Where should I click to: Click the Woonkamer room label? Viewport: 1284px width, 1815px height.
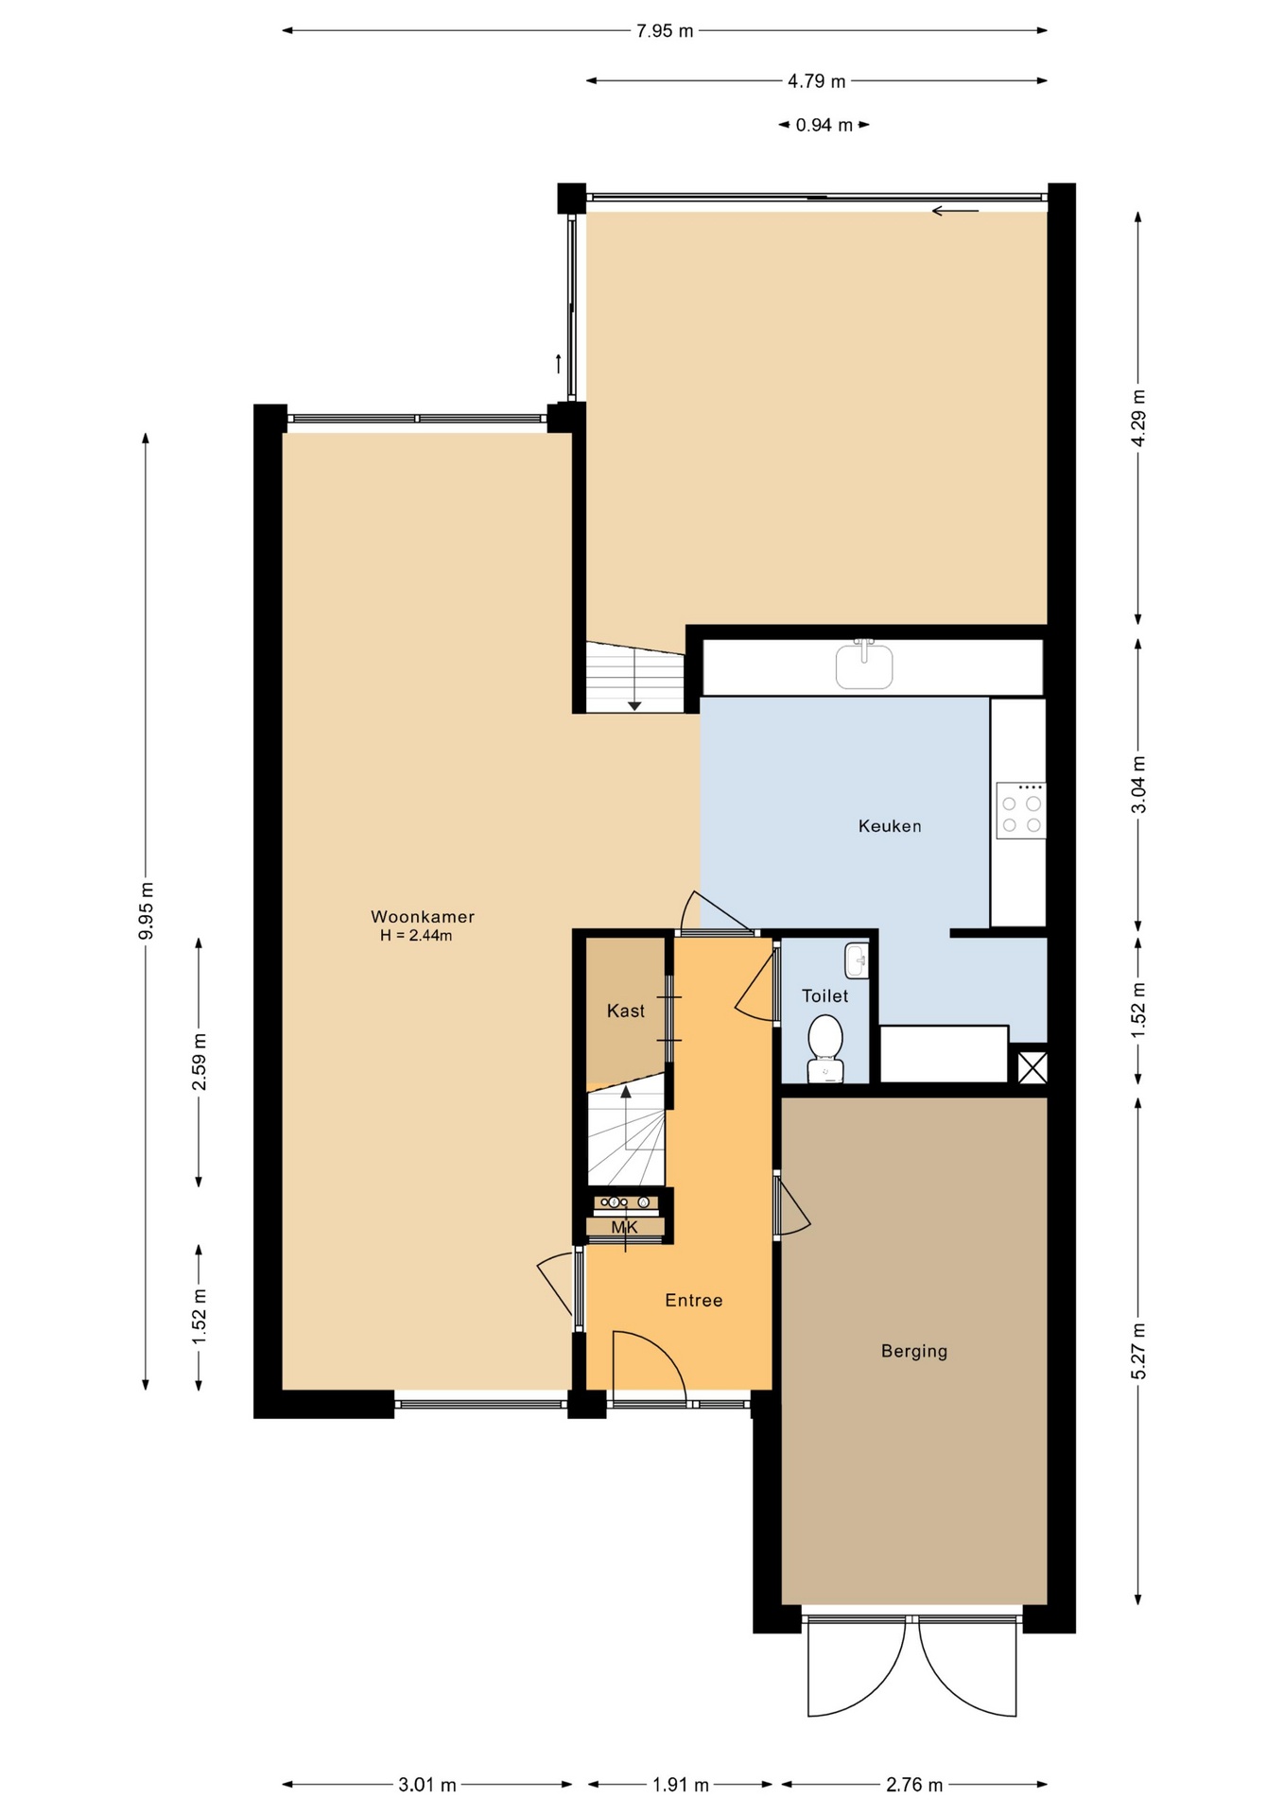[422, 916]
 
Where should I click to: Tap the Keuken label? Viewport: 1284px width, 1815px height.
[890, 825]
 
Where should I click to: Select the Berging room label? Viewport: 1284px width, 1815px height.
[914, 1351]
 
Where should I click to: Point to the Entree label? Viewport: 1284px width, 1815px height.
[694, 1300]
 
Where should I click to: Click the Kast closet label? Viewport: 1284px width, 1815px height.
[626, 1011]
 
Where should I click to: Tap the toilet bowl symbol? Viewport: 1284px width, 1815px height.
[825, 1047]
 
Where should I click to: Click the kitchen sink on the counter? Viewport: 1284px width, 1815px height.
[864, 665]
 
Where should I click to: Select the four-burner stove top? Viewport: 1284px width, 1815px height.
[1021, 810]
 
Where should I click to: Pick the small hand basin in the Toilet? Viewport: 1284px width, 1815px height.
[857, 960]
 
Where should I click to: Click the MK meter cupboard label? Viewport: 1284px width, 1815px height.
[624, 1227]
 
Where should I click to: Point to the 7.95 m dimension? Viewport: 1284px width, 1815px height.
[665, 31]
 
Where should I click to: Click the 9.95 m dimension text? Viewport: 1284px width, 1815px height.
[146, 910]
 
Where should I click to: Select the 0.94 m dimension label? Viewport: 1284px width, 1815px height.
[824, 125]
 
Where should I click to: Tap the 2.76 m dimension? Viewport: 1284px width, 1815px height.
[914, 1785]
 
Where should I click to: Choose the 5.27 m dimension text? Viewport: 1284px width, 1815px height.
[1138, 1351]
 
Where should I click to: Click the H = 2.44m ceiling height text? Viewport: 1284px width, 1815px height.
[416, 936]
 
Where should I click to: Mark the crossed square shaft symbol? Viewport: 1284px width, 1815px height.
[1032, 1067]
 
